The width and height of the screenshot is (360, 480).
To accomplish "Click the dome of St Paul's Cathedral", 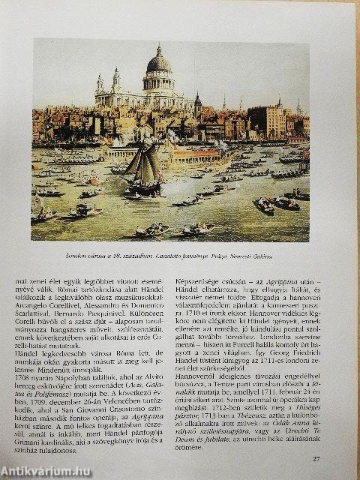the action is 158,64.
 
